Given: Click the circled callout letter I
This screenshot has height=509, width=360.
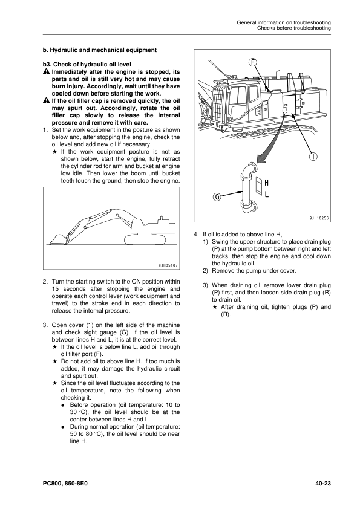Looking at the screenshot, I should point(313,157).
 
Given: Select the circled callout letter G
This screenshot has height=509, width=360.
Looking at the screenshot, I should point(217,196).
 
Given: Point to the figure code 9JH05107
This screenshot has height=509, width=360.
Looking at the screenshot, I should point(165,265).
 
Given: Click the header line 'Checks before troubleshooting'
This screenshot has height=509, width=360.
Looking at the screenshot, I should point(293,28).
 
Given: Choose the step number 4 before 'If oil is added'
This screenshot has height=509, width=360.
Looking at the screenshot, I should point(195,234).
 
